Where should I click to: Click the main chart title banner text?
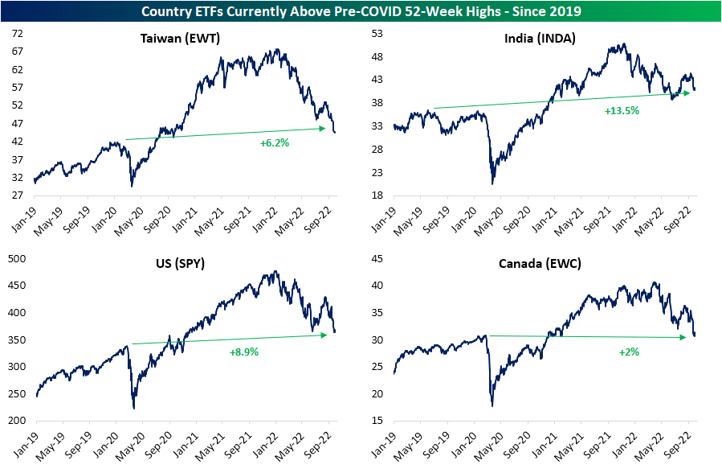361,11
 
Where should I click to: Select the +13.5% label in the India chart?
622,110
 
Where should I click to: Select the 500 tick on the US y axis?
17,258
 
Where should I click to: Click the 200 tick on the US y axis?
17,421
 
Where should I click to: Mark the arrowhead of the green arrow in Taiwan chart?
330,128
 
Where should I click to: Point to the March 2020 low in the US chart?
133,408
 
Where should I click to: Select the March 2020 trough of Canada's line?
492,405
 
